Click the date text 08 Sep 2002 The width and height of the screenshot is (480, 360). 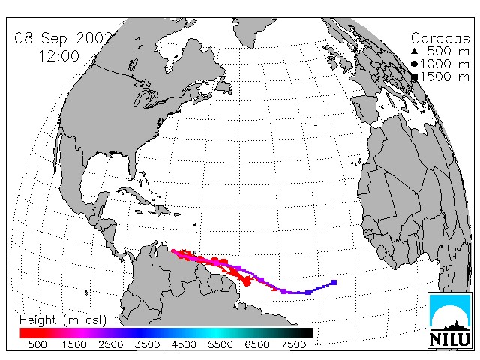[64, 38]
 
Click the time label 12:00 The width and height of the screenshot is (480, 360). [58, 56]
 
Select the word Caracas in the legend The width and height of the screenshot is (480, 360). [440, 38]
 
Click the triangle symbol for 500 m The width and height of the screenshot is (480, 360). [414, 51]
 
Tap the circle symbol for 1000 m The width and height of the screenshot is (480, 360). [414, 64]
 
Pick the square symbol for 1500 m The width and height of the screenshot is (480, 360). [414, 76]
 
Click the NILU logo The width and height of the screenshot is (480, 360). [450, 320]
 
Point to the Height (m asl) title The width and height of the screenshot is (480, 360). [63, 320]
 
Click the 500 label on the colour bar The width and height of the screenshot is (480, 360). [37, 344]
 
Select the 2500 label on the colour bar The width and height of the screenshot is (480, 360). [110, 344]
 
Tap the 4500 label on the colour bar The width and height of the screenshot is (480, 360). [184, 344]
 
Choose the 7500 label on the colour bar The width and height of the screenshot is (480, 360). [293, 344]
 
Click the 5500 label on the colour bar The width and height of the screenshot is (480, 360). [220, 344]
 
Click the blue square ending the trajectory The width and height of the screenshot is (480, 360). [334, 282]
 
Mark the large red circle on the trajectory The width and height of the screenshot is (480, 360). [247, 282]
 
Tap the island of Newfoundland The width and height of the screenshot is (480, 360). [223, 85]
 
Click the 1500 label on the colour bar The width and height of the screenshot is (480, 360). [74, 344]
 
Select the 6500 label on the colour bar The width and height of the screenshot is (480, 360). [256, 344]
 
